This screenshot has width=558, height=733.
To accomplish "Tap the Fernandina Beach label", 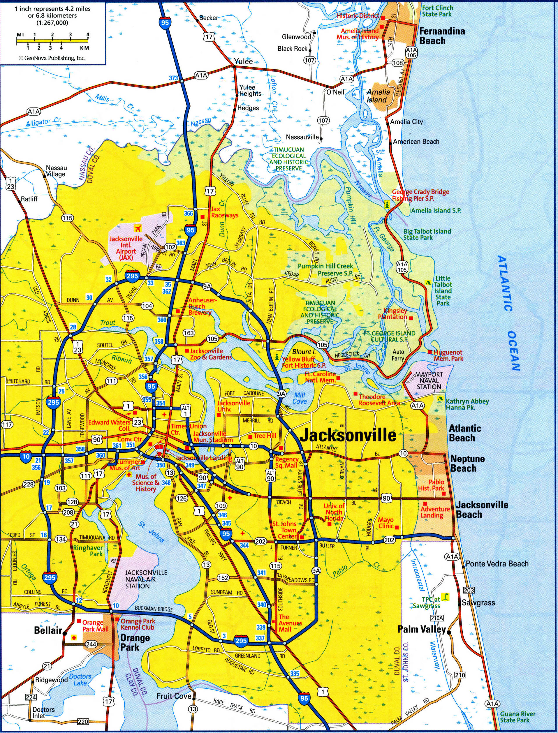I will click(442, 36).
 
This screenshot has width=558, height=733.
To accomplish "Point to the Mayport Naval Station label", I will click(429, 380).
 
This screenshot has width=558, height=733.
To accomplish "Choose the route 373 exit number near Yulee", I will click(173, 78).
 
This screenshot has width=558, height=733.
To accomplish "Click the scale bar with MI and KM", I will click(52, 41).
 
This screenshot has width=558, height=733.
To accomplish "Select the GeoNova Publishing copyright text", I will click(52, 58).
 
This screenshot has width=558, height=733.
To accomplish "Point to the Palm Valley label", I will click(422, 629).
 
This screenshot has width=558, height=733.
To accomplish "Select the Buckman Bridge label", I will click(154, 609).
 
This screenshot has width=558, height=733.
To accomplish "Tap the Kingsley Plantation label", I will click(395, 313).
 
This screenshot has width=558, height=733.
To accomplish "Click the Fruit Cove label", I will click(174, 686).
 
